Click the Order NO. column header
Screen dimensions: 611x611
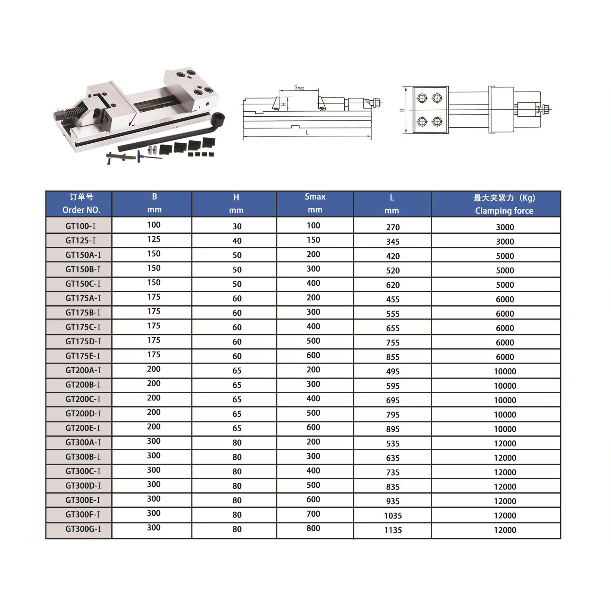point(81,204)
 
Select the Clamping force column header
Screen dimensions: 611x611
point(504,204)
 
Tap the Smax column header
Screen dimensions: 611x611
point(315,203)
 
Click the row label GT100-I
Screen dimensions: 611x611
point(80,226)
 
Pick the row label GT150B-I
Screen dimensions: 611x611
point(83,270)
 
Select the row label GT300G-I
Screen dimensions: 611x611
point(83,529)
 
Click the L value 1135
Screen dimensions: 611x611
point(393,530)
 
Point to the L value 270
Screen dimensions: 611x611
point(393,227)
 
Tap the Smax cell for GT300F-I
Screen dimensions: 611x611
point(313,514)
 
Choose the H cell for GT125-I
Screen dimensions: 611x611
point(237,241)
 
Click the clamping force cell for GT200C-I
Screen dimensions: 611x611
point(504,400)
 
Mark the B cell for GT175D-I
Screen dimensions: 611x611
point(154,341)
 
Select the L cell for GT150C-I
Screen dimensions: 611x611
point(393,285)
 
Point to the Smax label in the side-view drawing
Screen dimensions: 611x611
point(299,87)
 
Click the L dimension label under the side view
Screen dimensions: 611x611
point(307,133)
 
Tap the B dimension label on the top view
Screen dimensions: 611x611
point(402,110)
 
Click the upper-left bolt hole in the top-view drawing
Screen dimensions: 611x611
point(422,98)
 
